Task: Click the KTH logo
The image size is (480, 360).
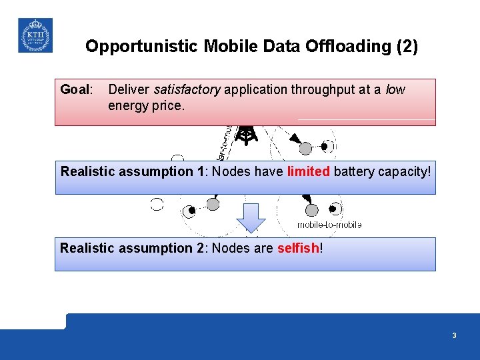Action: pos(35,35)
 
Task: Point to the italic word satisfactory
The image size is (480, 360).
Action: pos(187,89)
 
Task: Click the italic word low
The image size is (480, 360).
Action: pos(395,89)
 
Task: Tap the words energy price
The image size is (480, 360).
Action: pos(145,105)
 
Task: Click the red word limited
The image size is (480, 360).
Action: pos(308,171)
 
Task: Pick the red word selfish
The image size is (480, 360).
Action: pos(298,248)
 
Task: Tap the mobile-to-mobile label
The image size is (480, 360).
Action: pos(329,225)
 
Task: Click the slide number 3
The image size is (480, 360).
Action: pos(454,335)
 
